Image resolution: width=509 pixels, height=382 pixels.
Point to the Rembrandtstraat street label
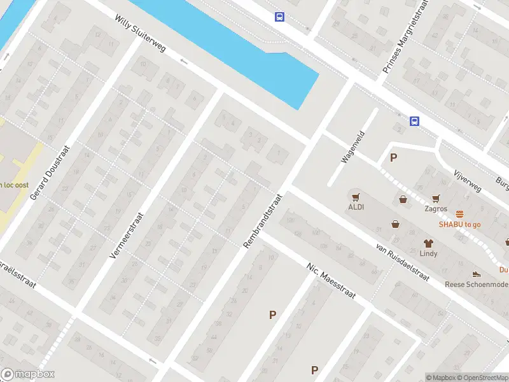pos(262,220)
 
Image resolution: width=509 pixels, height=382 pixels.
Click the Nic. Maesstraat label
pos(330,281)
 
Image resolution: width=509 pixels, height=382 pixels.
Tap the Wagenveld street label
pos(352,146)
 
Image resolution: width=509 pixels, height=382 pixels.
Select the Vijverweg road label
pos(464,178)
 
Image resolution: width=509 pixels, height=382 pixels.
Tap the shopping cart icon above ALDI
pos(356,197)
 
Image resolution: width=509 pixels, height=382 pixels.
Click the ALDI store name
pos(356,207)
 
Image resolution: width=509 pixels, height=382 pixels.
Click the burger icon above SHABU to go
pos(459,214)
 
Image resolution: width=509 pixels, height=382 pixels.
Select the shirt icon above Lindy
pos(428,243)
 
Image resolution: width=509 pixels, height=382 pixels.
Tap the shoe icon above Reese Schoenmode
pos(476,274)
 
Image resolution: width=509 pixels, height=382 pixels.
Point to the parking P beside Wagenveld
pos(393,158)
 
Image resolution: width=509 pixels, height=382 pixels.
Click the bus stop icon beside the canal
pos(279,17)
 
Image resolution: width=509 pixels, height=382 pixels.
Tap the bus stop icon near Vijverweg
pos(414,121)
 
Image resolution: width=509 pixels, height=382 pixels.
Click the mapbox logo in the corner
pos(28,374)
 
